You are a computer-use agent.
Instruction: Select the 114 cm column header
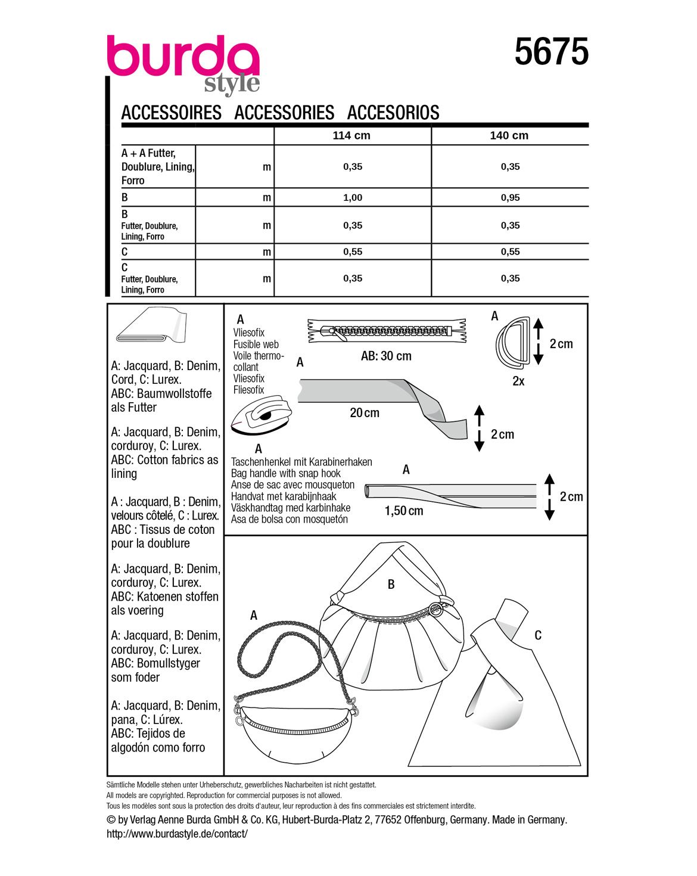pos(351,136)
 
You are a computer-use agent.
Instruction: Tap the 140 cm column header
pos(509,136)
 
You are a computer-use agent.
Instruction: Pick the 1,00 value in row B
pos(353,198)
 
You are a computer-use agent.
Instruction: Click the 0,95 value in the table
pos(511,198)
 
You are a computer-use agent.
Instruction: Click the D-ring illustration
pos(512,340)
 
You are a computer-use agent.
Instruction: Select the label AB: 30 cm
pos(386,356)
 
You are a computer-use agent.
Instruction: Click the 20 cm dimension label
pos(365,412)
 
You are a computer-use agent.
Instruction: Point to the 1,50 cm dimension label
pos(404,511)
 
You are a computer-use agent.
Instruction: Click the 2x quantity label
pos(518,381)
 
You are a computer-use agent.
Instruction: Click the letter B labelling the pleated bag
pos(391,585)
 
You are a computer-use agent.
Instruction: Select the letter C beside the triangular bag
pos(538,635)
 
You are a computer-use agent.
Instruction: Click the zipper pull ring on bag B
pos(437,608)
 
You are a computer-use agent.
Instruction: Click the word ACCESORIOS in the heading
pos(393,113)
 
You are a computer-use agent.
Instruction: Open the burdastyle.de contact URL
pos(177,834)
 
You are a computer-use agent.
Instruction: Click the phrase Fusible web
pos(256,344)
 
